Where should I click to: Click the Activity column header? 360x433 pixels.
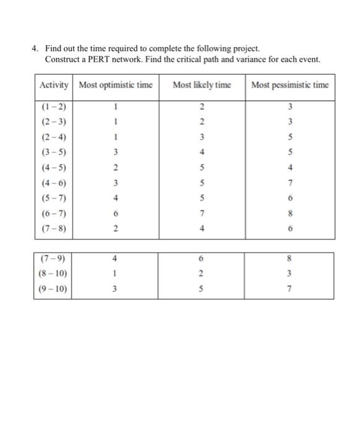click(x=54, y=85)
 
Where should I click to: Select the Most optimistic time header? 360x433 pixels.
click(x=116, y=85)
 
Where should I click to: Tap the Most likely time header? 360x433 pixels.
click(x=202, y=85)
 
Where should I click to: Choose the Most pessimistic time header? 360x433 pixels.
click(x=290, y=85)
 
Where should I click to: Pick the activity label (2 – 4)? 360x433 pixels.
click(x=53, y=137)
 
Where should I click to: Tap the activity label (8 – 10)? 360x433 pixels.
click(x=53, y=273)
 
